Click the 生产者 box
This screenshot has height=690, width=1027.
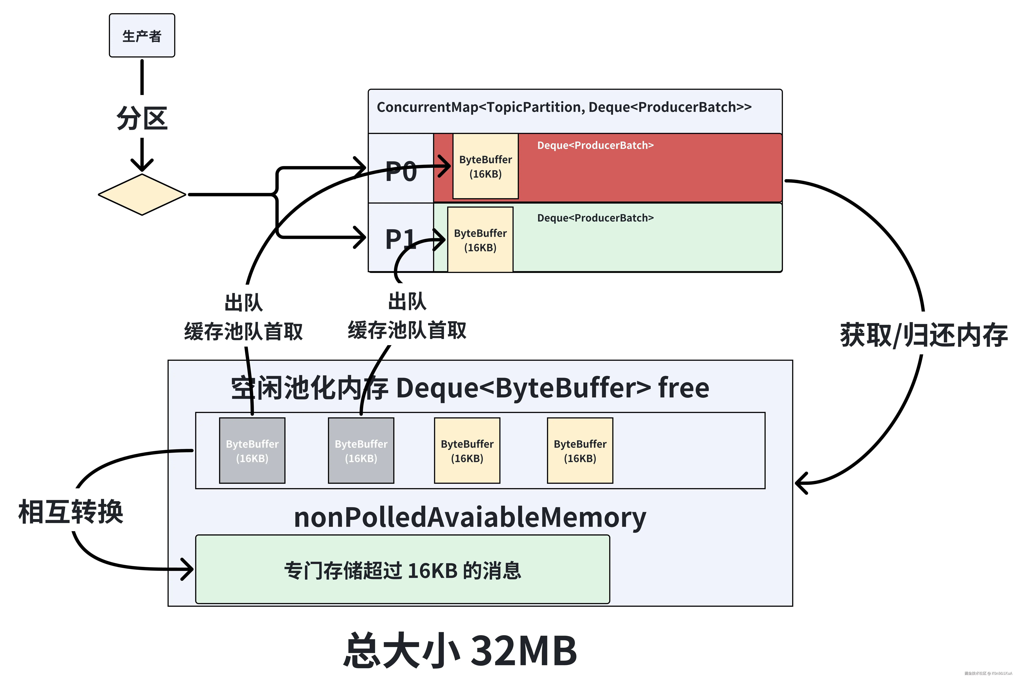142,35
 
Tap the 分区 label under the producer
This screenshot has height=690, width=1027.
142,118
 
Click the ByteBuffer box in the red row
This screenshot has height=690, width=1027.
485,166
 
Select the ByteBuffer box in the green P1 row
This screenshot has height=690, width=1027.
480,240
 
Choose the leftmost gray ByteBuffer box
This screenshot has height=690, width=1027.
252,451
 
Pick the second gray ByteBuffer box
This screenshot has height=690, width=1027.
361,451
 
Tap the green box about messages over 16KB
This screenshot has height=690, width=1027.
402,569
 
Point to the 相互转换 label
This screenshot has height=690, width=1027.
70,512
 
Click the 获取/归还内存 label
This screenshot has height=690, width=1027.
923,335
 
